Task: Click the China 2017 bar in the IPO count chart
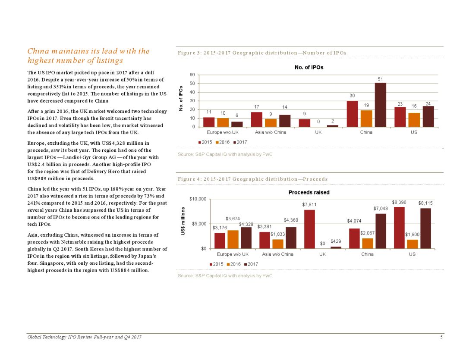point(380,105)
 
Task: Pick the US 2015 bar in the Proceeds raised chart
point(399,228)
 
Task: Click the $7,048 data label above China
point(380,209)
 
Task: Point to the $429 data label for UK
point(336,241)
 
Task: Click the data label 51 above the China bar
point(380,79)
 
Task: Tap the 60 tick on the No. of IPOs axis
point(192,75)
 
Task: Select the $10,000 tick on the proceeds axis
point(198,199)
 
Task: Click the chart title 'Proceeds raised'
point(309,192)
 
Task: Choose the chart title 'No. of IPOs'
point(309,67)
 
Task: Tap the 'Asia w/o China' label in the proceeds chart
point(277,254)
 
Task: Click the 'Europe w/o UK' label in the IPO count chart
point(223,132)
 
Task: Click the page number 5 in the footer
point(441,337)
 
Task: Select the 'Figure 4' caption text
point(252,179)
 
